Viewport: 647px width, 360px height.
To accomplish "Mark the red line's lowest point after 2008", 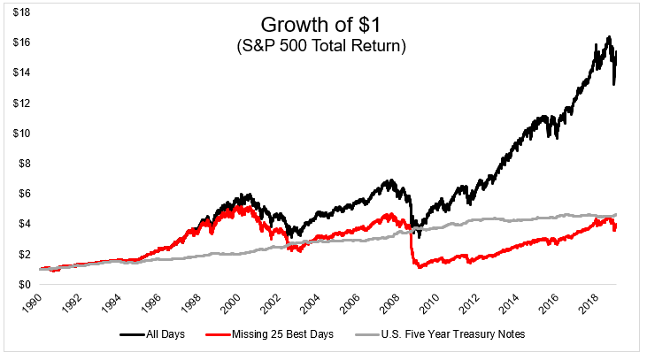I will [419, 267].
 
